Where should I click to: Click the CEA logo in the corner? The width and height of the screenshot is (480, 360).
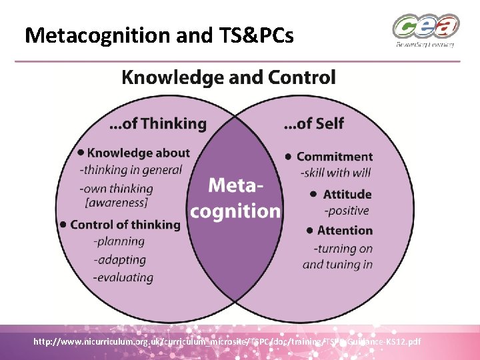click(x=425, y=31)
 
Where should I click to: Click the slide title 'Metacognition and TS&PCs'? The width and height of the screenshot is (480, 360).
click(x=159, y=35)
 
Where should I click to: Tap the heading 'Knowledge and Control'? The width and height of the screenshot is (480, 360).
click(x=229, y=77)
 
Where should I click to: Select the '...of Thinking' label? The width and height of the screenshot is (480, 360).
click(x=157, y=123)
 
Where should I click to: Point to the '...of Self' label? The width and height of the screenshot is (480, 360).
click(x=314, y=123)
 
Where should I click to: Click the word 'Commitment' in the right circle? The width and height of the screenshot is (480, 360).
click(x=335, y=157)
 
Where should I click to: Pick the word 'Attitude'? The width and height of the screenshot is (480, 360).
click(x=347, y=195)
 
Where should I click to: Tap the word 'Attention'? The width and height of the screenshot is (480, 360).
click(x=345, y=231)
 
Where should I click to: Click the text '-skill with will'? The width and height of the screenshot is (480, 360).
click(x=336, y=173)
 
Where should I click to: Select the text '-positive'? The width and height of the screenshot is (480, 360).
click(x=346, y=211)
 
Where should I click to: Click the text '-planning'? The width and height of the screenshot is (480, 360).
click(x=119, y=241)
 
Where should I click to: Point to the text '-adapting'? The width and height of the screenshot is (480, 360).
click(x=119, y=259)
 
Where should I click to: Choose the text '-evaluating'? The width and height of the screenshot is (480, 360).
click(x=123, y=277)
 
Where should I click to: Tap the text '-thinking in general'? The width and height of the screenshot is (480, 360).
click(x=131, y=169)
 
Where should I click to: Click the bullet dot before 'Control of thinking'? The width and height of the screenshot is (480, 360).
click(x=63, y=224)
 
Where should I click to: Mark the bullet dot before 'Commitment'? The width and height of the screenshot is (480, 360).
click(x=289, y=157)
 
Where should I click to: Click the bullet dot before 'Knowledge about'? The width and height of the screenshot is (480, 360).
click(x=81, y=153)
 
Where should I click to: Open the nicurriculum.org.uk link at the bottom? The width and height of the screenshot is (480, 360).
click(x=227, y=342)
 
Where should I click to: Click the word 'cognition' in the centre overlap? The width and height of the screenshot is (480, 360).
click(x=235, y=211)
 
